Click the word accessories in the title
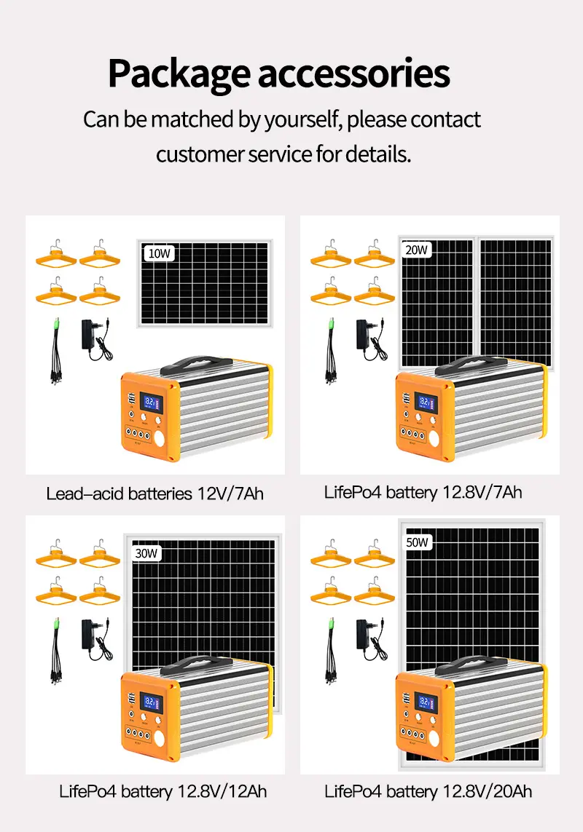355,74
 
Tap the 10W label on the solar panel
159,253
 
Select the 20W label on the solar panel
417,250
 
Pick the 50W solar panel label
418,542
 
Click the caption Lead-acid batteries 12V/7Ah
154,494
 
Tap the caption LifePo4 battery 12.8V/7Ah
423,492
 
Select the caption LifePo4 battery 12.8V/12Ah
163,791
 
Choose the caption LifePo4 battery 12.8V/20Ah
429,791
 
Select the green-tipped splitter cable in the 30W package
55,652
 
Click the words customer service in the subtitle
233,154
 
